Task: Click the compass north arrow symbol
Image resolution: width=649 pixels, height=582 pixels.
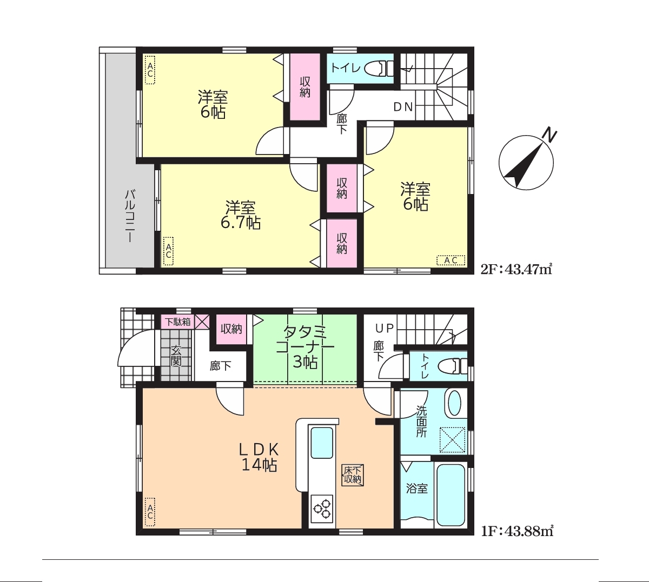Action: (526, 162)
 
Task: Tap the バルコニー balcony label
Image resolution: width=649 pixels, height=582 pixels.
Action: (130, 216)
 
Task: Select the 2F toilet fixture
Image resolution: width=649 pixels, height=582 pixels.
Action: (381, 69)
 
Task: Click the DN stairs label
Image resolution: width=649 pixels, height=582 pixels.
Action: (403, 107)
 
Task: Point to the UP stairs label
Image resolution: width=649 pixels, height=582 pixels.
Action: (384, 328)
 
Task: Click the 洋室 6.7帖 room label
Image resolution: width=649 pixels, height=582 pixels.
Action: (241, 215)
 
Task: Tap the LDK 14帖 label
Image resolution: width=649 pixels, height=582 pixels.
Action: (259, 457)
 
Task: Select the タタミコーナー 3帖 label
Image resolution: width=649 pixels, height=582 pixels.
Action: (305, 347)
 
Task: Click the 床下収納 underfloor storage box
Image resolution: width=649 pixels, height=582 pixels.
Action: (353, 476)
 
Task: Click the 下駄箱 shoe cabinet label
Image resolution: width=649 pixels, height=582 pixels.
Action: (178, 322)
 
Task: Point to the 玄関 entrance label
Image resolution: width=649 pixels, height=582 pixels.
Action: (176, 356)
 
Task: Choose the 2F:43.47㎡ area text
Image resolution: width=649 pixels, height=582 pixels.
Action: (516, 269)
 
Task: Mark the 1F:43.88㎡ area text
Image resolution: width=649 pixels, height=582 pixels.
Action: (517, 531)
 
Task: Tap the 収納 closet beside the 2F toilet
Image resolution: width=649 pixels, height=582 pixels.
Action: (305, 87)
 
